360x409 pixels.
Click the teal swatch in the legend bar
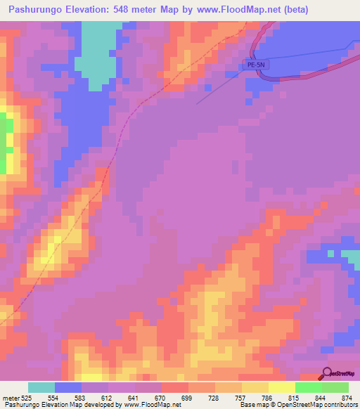(41, 387)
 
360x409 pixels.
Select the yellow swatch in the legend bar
(282, 387)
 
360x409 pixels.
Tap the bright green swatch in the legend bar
(309, 387)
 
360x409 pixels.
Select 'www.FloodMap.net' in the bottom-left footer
(141, 405)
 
